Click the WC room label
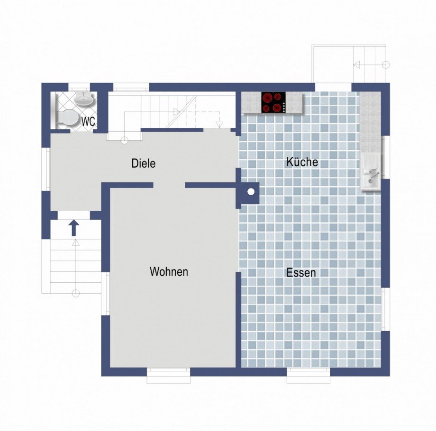pyautogui.click(x=89, y=121)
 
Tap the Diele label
pyautogui.click(x=143, y=163)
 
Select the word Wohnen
pyautogui.click(x=169, y=271)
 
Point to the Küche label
pyautogui.click(x=302, y=162)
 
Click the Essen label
pyautogui.click(x=301, y=273)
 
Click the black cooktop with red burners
pyautogui.click(x=273, y=102)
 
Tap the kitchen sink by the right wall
pyautogui.click(x=371, y=171)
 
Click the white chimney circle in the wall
pyautogui.click(x=251, y=191)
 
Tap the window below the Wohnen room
pyautogui.click(x=169, y=376)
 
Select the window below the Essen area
pyautogui.click(x=309, y=376)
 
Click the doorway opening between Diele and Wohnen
pyautogui.click(x=169, y=185)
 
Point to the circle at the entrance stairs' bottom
pyautogui.click(x=76, y=293)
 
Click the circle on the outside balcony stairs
pyautogui.click(x=386, y=65)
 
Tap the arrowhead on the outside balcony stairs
pyautogui.click(x=356, y=65)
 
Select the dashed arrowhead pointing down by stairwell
pyautogui.click(x=220, y=125)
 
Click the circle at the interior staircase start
pyautogui.click(x=124, y=140)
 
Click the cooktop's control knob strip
pyautogui.click(x=284, y=107)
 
